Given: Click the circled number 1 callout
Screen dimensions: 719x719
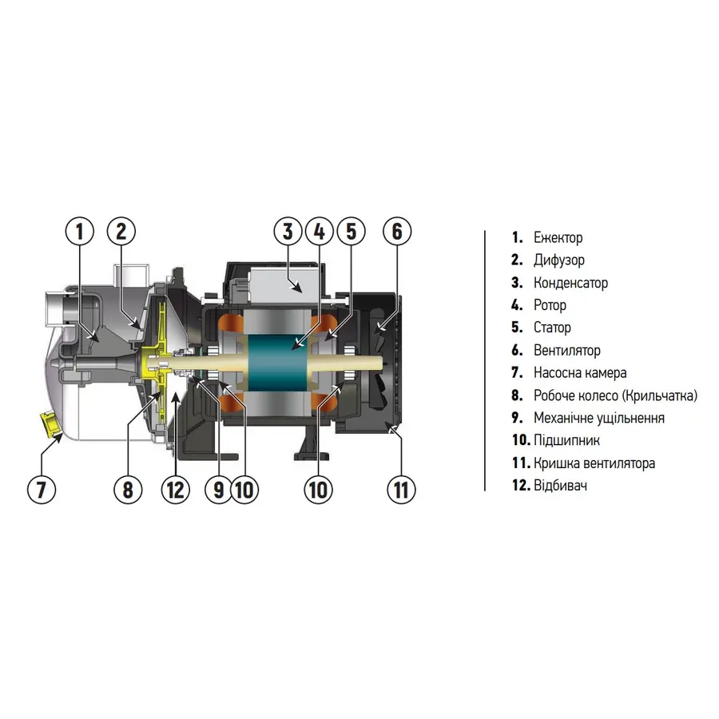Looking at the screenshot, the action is point(80,231).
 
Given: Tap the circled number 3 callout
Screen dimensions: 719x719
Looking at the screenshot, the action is point(288,231).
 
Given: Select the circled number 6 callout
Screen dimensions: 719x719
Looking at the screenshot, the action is point(397,231).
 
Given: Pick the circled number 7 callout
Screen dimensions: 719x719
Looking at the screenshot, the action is point(42,489).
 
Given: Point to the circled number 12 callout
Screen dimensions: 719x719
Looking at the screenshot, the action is point(175,489).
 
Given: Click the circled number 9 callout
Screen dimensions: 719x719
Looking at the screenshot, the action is point(219,489).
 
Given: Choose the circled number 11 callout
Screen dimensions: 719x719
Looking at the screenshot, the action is point(401,489).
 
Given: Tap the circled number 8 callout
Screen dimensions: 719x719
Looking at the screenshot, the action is point(128,489).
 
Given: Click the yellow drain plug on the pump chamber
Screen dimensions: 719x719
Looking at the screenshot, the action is point(51,424).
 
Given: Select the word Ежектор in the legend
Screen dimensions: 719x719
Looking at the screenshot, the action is point(558,237).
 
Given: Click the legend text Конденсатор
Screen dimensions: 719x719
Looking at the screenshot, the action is point(571,283).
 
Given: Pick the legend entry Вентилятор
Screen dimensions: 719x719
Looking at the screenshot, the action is point(567,351).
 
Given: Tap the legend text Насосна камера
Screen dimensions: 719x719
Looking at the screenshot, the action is point(580,373).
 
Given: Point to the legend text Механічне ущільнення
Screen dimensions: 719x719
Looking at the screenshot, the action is point(599,418).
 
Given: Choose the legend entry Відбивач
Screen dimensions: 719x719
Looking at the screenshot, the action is point(560,485).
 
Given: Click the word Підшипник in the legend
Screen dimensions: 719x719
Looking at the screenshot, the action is point(566,440).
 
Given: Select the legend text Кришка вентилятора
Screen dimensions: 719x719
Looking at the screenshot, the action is point(594,463).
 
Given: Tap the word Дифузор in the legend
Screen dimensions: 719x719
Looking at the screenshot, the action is point(559,260).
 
